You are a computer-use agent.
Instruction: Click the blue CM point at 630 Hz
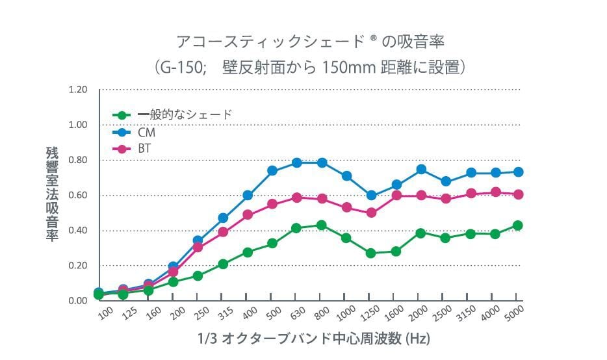pyautogui.click(x=297, y=162)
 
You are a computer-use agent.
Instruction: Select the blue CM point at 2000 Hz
pyautogui.click(x=421, y=169)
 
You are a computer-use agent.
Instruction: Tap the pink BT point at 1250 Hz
pyautogui.click(x=371, y=212)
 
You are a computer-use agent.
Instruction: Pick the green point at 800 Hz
pyautogui.click(x=321, y=225)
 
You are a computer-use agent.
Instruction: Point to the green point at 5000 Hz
pyautogui.click(x=518, y=225)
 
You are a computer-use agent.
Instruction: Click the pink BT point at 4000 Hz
pyautogui.click(x=495, y=192)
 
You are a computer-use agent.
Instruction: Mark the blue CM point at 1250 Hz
pyautogui.click(x=371, y=195)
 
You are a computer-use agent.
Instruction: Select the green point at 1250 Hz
pyautogui.click(x=371, y=253)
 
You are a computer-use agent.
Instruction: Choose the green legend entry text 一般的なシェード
pyautogui.click(x=185, y=115)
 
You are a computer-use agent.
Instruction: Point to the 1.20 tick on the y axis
pyautogui.click(x=79, y=89)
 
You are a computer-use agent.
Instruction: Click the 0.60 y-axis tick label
pyautogui.click(x=79, y=195)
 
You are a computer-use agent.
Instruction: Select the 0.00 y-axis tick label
pyautogui.click(x=79, y=301)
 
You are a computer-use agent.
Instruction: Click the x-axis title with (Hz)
pyautogui.click(x=314, y=339)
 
